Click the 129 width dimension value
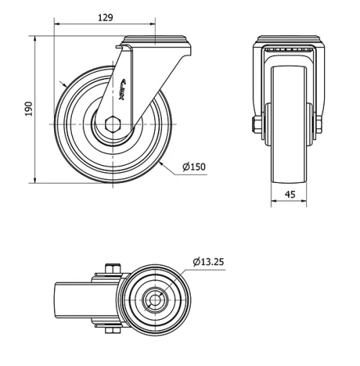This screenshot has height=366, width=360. point(104,17)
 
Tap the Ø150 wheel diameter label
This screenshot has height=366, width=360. point(194,166)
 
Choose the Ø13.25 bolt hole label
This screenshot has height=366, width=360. point(209,262)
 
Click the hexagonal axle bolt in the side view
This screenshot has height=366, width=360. point(112,124)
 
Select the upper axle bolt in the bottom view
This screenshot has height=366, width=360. point(108,270)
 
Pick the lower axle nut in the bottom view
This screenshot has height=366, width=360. point(108,331)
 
